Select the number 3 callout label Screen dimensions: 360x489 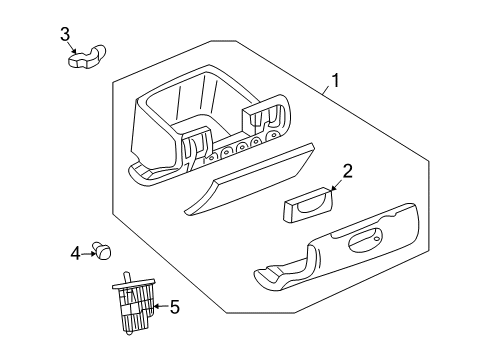65,36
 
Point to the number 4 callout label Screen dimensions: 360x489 75,254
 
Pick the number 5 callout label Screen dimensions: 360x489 174,308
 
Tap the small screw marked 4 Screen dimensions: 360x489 101,251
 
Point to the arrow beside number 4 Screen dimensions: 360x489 88,253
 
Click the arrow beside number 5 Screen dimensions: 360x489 160,307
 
